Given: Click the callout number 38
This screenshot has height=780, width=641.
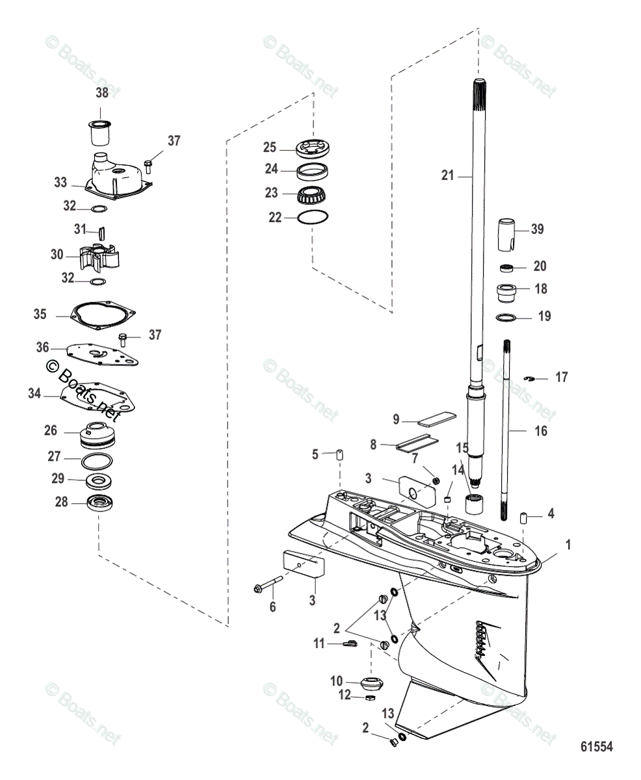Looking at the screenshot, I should pos(102,93).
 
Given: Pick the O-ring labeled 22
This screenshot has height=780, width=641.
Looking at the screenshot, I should pos(313,219).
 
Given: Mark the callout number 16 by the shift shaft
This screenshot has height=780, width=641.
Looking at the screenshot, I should pos(540,430).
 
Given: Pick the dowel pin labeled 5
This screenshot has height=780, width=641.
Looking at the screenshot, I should pos(339,454).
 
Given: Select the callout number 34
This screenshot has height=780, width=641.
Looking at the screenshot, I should pos(34,393).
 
